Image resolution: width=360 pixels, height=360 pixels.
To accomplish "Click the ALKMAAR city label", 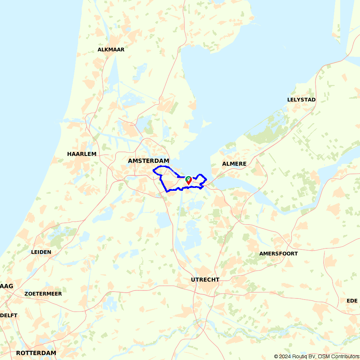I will click(111, 50).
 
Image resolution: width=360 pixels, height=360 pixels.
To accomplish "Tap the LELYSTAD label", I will click(301, 100).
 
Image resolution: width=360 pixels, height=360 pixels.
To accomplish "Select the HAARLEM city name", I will click(82, 154).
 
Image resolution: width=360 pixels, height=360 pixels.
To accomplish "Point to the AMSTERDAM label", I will click(149, 161).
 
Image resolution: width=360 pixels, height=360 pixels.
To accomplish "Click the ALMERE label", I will click(234, 164).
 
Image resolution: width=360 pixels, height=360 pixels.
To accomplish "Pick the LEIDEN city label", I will click(41, 252).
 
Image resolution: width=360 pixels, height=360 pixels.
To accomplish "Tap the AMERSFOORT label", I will click(279, 254).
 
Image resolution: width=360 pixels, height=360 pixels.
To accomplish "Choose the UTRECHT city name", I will click(205, 280).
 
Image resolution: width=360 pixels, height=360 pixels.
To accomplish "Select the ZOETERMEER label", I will click(43, 294).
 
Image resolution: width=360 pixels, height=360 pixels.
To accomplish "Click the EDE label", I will click(352, 301).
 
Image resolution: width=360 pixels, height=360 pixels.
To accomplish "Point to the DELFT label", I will click(9, 315).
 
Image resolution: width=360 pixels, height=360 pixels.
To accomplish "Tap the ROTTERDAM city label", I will click(36, 353).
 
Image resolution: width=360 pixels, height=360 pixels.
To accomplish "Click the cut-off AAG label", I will click(7, 286).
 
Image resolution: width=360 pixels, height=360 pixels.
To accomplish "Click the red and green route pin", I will click(188, 180).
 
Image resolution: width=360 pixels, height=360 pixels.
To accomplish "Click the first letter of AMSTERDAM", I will click(130, 161).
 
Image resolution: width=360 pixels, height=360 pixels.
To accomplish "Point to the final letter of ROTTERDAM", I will click(54, 353).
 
